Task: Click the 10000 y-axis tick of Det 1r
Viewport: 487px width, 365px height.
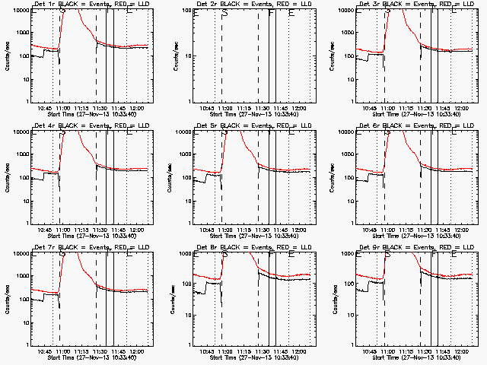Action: [x=18, y=11]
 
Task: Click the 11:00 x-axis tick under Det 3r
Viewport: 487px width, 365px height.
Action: [x=388, y=107]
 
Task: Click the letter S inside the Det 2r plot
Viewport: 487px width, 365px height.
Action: [x=224, y=14]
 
